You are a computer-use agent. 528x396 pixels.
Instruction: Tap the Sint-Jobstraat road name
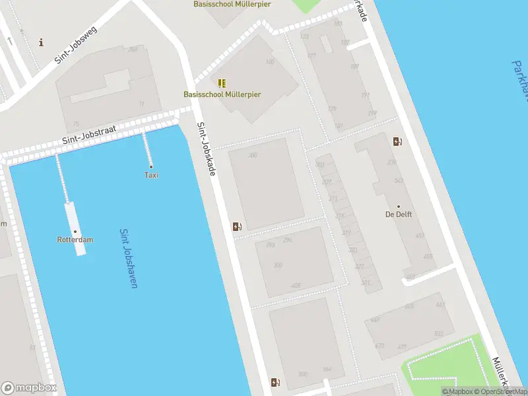(x=89, y=133)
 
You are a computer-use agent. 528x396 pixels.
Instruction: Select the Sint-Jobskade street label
(x=206, y=149)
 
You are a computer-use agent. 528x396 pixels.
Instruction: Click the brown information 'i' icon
(x=42, y=43)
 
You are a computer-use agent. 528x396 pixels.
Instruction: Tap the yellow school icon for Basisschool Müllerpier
(x=222, y=83)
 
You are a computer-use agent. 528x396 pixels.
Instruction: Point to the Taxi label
(x=151, y=175)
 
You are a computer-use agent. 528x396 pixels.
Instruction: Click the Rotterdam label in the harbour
(x=75, y=240)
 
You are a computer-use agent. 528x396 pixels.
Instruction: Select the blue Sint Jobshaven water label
(x=128, y=258)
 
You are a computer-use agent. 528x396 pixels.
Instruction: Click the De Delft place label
(x=398, y=214)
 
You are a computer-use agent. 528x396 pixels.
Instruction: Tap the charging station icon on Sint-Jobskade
(x=236, y=227)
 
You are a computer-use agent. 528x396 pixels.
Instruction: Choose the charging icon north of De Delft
(x=397, y=141)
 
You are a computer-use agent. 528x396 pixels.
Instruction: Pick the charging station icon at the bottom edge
(x=275, y=383)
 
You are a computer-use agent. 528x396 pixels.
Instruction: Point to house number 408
(x=295, y=286)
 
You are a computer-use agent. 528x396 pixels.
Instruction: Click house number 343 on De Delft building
(x=399, y=180)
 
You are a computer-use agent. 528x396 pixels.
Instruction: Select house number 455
(x=428, y=257)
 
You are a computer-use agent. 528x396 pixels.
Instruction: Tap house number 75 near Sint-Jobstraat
(x=77, y=123)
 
